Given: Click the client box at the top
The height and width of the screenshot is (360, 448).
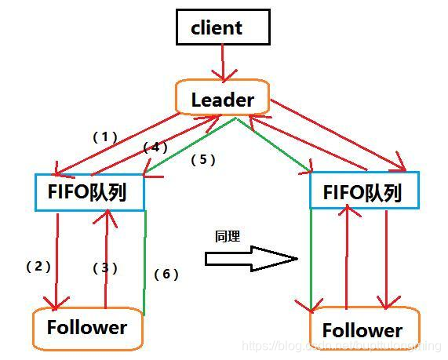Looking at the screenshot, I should point(222,28).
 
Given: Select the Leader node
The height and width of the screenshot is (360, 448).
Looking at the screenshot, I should point(223,100).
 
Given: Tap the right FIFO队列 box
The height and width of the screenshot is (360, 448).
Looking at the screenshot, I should point(364,191).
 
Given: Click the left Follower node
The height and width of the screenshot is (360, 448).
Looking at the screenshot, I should point(87,328).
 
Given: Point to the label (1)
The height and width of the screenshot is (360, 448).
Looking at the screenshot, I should point(104,136).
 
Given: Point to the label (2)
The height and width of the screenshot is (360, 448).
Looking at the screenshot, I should point(38,266).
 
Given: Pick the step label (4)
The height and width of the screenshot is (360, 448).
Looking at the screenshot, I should point(155,147).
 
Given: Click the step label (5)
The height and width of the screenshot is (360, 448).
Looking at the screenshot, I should point(202,158).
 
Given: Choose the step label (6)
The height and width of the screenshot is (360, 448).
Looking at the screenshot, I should point(166,274).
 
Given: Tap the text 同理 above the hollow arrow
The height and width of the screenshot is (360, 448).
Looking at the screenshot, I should point(227,235).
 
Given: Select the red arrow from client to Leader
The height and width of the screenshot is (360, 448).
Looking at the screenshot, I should point(223,62).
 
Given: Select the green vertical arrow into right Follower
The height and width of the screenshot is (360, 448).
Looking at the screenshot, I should point(311,259).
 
